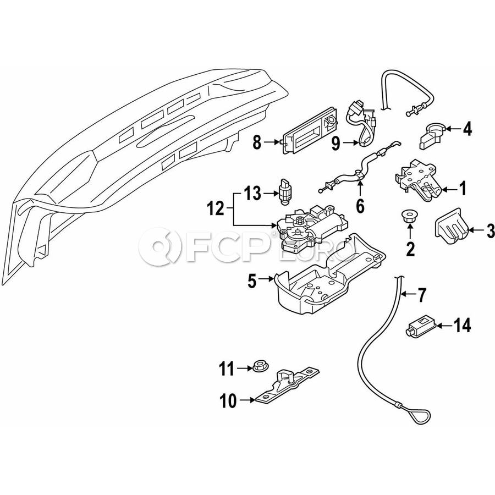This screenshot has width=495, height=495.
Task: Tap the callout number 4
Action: click(x=467, y=130)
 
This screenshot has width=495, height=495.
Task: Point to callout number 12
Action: click(x=216, y=209)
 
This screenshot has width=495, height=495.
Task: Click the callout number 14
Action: click(x=462, y=326)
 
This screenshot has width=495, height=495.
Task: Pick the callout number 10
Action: click(x=229, y=402)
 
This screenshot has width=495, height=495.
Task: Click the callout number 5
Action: click(x=252, y=282)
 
